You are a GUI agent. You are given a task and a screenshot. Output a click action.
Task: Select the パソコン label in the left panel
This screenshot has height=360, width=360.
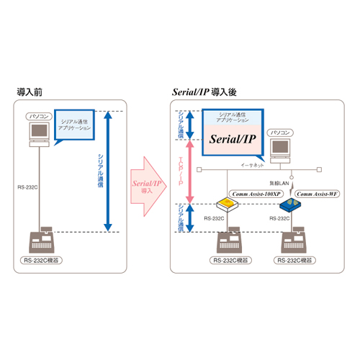[40, 115]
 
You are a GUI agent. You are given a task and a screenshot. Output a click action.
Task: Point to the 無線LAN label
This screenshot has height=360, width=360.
[279, 184]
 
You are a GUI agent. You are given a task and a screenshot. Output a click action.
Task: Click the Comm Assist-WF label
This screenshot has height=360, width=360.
[317, 194]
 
